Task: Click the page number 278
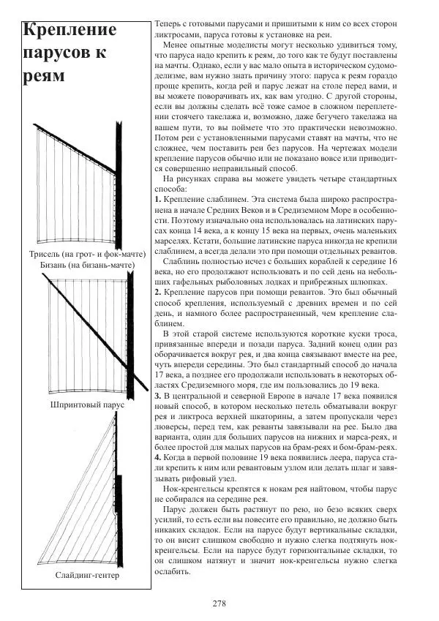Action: (219, 603)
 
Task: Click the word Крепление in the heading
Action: (70, 31)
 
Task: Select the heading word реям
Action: (43, 76)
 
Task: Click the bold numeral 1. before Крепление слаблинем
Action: (158, 199)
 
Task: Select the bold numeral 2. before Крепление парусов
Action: (158, 292)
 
